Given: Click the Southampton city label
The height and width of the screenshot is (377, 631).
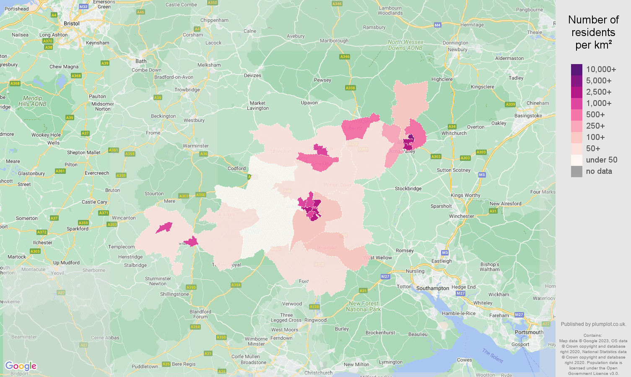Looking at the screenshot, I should pos(432,288).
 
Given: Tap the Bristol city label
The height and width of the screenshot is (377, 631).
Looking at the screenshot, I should pos(71,23).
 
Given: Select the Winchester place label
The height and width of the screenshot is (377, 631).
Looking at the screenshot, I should pos(461,216).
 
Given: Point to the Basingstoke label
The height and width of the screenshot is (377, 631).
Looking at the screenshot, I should pos(528,116).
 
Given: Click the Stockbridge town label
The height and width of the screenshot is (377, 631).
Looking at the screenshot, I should pos(408,188).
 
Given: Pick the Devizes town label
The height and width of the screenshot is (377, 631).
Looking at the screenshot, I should pos(252,75).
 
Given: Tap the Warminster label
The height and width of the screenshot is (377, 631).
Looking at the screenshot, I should pos(195,146).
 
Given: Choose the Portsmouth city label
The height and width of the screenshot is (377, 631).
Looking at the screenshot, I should pos(529,332).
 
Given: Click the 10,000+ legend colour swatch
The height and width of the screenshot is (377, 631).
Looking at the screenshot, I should pos(576,70).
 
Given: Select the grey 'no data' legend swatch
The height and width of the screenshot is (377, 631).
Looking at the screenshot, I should pos(576,171).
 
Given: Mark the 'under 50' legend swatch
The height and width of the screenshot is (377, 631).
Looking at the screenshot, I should pos(576,160).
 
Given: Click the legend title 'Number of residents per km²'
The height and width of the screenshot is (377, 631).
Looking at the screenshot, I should pos(593,32).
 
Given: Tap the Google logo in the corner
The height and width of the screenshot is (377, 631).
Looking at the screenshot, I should pos(21,366).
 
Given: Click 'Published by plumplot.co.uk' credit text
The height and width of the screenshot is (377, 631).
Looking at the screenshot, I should pos(593,324).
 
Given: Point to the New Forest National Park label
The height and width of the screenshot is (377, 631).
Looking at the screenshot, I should pos(363,306).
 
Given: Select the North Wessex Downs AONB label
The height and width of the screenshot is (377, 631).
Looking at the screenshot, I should pos(405,45).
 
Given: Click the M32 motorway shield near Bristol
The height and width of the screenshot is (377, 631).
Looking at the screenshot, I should pos(83,7).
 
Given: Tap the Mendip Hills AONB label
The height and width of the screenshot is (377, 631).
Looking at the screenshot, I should pos(32,101).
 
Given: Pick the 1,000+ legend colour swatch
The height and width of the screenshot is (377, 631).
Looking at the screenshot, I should pos(576,103).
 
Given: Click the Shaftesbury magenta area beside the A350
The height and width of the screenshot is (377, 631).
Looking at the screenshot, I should pos(191,242).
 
